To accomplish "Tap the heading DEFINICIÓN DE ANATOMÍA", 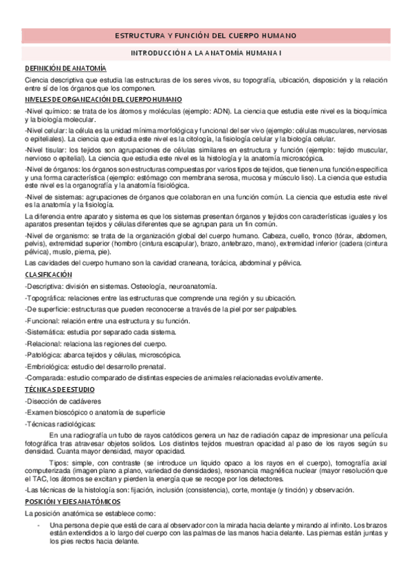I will (x=65, y=68).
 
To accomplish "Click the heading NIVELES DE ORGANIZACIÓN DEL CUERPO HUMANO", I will (x=103, y=100).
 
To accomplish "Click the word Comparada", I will (x=45, y=377).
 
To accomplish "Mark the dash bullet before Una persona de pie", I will (x=39, y=525).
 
